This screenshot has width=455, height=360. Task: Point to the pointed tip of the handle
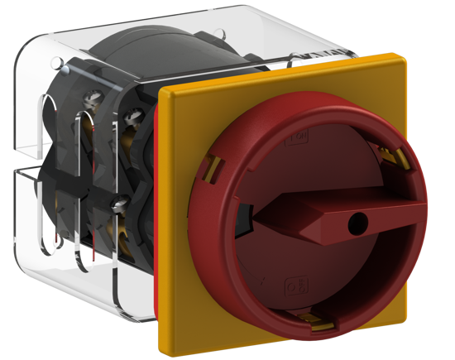point(256,218)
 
